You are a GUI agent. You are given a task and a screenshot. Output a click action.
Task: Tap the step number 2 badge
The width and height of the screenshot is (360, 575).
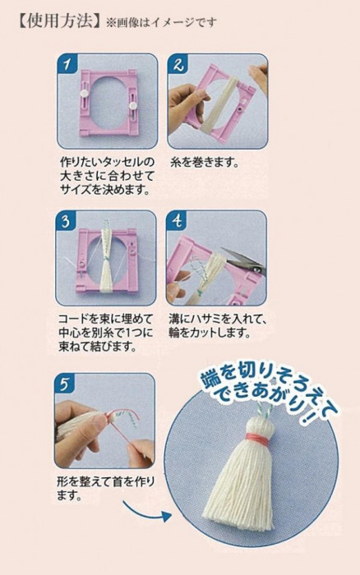point(178,64)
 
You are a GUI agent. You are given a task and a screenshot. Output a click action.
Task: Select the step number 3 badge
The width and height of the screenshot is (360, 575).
point(66,221)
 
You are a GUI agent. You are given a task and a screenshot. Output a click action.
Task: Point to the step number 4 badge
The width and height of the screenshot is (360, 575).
point(177,221)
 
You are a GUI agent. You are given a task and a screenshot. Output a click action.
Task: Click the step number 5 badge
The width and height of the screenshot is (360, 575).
point(65,384)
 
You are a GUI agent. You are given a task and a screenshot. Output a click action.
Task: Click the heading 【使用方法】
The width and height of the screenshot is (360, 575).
point(58,21)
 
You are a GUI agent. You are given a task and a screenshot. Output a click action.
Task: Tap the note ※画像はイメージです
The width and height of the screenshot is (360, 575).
point(161,23)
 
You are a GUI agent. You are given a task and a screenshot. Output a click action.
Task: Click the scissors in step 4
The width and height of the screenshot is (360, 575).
point(242,260)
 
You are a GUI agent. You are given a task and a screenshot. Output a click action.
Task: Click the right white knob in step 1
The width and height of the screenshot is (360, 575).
point(132,105)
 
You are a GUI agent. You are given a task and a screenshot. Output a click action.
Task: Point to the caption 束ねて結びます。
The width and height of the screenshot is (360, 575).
point(97,347)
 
